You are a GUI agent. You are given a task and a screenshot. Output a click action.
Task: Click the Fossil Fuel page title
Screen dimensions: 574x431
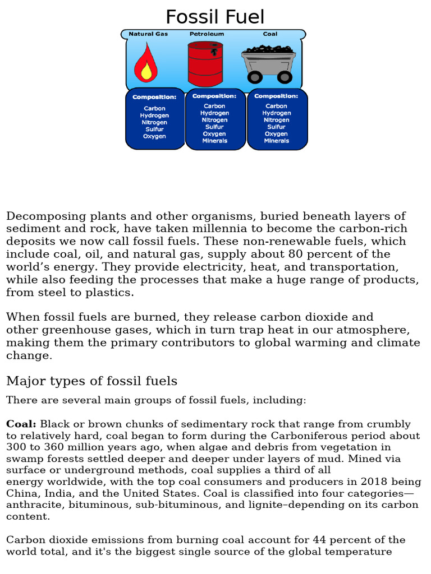tap(215, 17)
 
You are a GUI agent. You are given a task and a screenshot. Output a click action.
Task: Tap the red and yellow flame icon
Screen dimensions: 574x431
tap(146, 63)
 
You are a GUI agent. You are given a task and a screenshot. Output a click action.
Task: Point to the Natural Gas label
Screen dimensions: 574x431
tap(148, 34)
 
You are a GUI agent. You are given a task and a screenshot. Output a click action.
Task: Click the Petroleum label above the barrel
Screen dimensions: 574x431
tap(207, 34)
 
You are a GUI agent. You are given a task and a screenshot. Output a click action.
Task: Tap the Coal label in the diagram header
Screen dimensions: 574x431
tap(270, 34)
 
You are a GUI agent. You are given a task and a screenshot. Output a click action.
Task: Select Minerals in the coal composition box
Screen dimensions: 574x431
tap(277, 141)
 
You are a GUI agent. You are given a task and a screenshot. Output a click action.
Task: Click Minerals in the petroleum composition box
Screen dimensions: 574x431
tap(215, 141)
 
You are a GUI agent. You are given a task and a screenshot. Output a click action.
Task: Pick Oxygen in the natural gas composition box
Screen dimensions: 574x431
tap(154, 136)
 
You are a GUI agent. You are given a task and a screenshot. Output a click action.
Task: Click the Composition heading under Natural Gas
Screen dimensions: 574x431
tap(154, 97)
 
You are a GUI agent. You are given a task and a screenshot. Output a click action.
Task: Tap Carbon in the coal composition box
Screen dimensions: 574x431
tap(276, 106)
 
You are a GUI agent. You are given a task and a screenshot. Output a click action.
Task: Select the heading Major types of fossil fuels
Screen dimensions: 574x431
tap(91, 381)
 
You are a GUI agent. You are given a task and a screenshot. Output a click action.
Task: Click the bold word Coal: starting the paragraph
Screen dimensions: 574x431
tap(21, 424)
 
